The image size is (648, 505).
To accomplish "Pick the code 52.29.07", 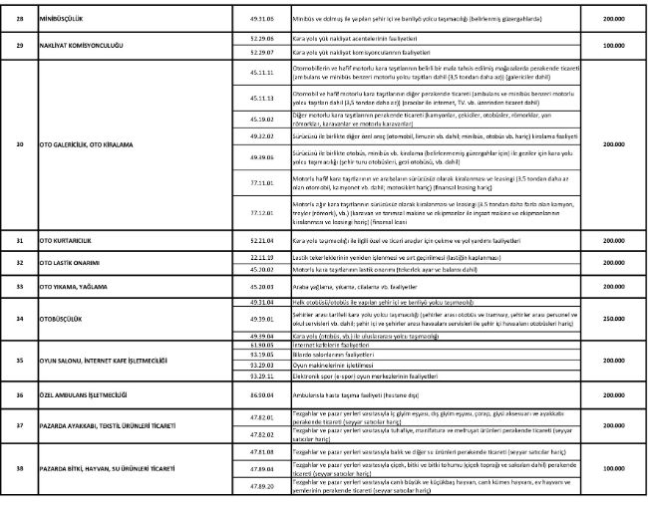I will pyautogui.click(x=263, y=51).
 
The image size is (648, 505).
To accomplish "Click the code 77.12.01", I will pyautogui.click(x=263, y=212).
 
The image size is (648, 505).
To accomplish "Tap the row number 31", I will pyautogui.click(x=20, y=241).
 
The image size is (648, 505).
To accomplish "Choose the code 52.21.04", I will pyautogui.click(x=263, y=241).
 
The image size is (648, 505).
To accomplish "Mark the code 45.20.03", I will pyautogui.click(x=263, y=284).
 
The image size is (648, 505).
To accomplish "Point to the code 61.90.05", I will pyautogui.click(x=263, y=343).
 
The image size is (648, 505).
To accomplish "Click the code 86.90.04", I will pyautogui.click(x=263, y=394).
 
